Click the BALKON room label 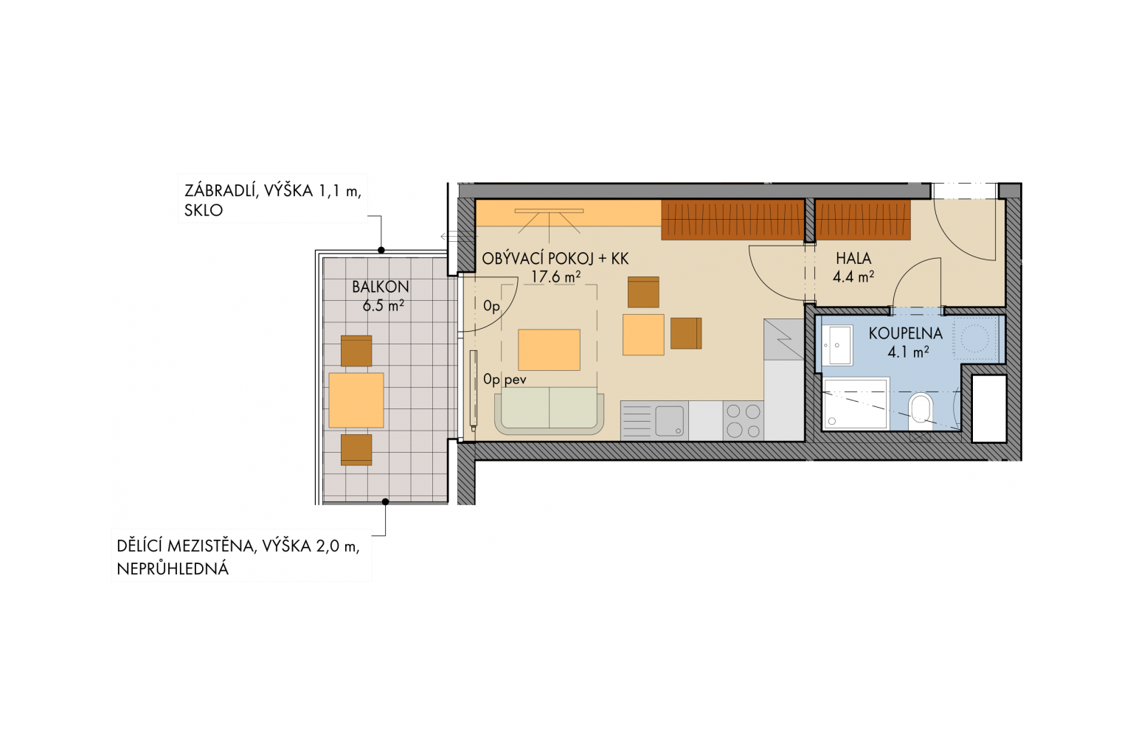coord(381,287)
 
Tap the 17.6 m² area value coord(555,276)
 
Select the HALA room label coord(853,258)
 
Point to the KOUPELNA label coord(905,333)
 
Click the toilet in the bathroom coord(921,411)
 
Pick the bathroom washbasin coord(836,345)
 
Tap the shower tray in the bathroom coord(856,404)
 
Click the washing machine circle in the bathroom coord(974,338)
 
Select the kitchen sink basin coord(670,421)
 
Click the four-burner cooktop coord(743,421)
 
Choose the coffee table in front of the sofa coord(549,350)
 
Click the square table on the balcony coord(356,400)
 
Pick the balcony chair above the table coord(356,351)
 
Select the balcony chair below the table coord(356,450)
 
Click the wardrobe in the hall coord(864,220)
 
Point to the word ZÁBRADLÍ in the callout coord(217,191)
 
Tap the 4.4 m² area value coord(853,276)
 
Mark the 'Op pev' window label coord(505,379)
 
